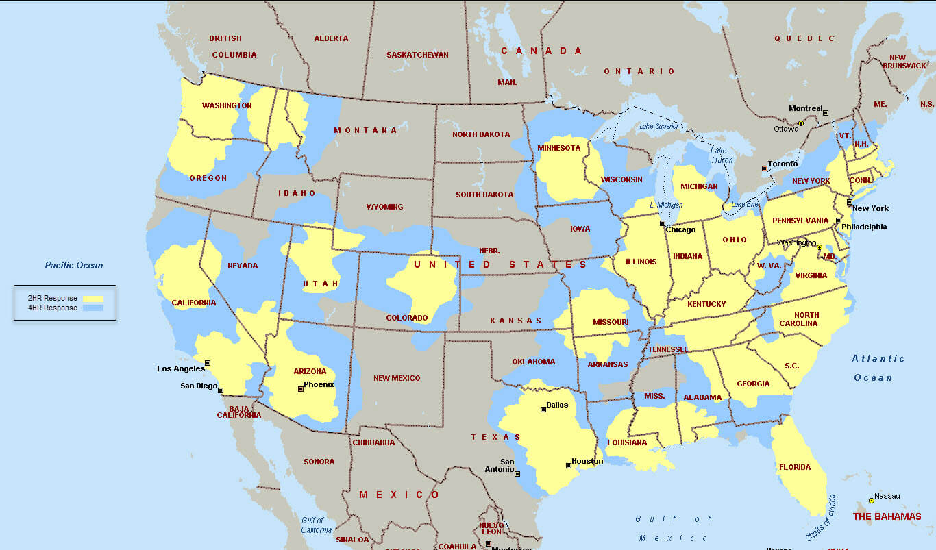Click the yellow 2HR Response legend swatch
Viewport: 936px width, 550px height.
tap(93, 299)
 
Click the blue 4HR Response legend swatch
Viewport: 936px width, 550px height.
tap(93, 308)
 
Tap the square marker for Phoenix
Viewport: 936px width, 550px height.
tap(300, 389)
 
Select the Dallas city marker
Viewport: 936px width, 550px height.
tap(543, 410)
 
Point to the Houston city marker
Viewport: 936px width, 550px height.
tap(568, 466)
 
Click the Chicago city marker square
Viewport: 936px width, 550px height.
tap(663, 223)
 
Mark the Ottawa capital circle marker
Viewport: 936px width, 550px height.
tap(800, 123)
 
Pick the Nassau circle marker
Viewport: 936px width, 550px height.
tap(872, 501)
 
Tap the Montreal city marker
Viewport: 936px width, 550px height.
tap(826, 113)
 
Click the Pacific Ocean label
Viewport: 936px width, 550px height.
tap(74, 265)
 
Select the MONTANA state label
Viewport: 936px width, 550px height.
tap(365, 130)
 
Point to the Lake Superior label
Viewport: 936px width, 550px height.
tap(659, 126)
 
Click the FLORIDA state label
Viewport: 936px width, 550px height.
tap(794, 468)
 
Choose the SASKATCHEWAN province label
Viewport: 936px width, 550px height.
tap(417, 55)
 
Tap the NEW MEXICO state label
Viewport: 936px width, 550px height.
tap(397, 378)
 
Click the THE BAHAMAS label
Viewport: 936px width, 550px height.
tap(887, 516)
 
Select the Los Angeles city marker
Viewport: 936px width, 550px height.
tap(208, 363)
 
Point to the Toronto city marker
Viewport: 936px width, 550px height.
tap(765, 168)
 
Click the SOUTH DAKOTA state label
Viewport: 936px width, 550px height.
tap(484, 195)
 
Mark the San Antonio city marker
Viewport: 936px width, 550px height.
tap(517, 473)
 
